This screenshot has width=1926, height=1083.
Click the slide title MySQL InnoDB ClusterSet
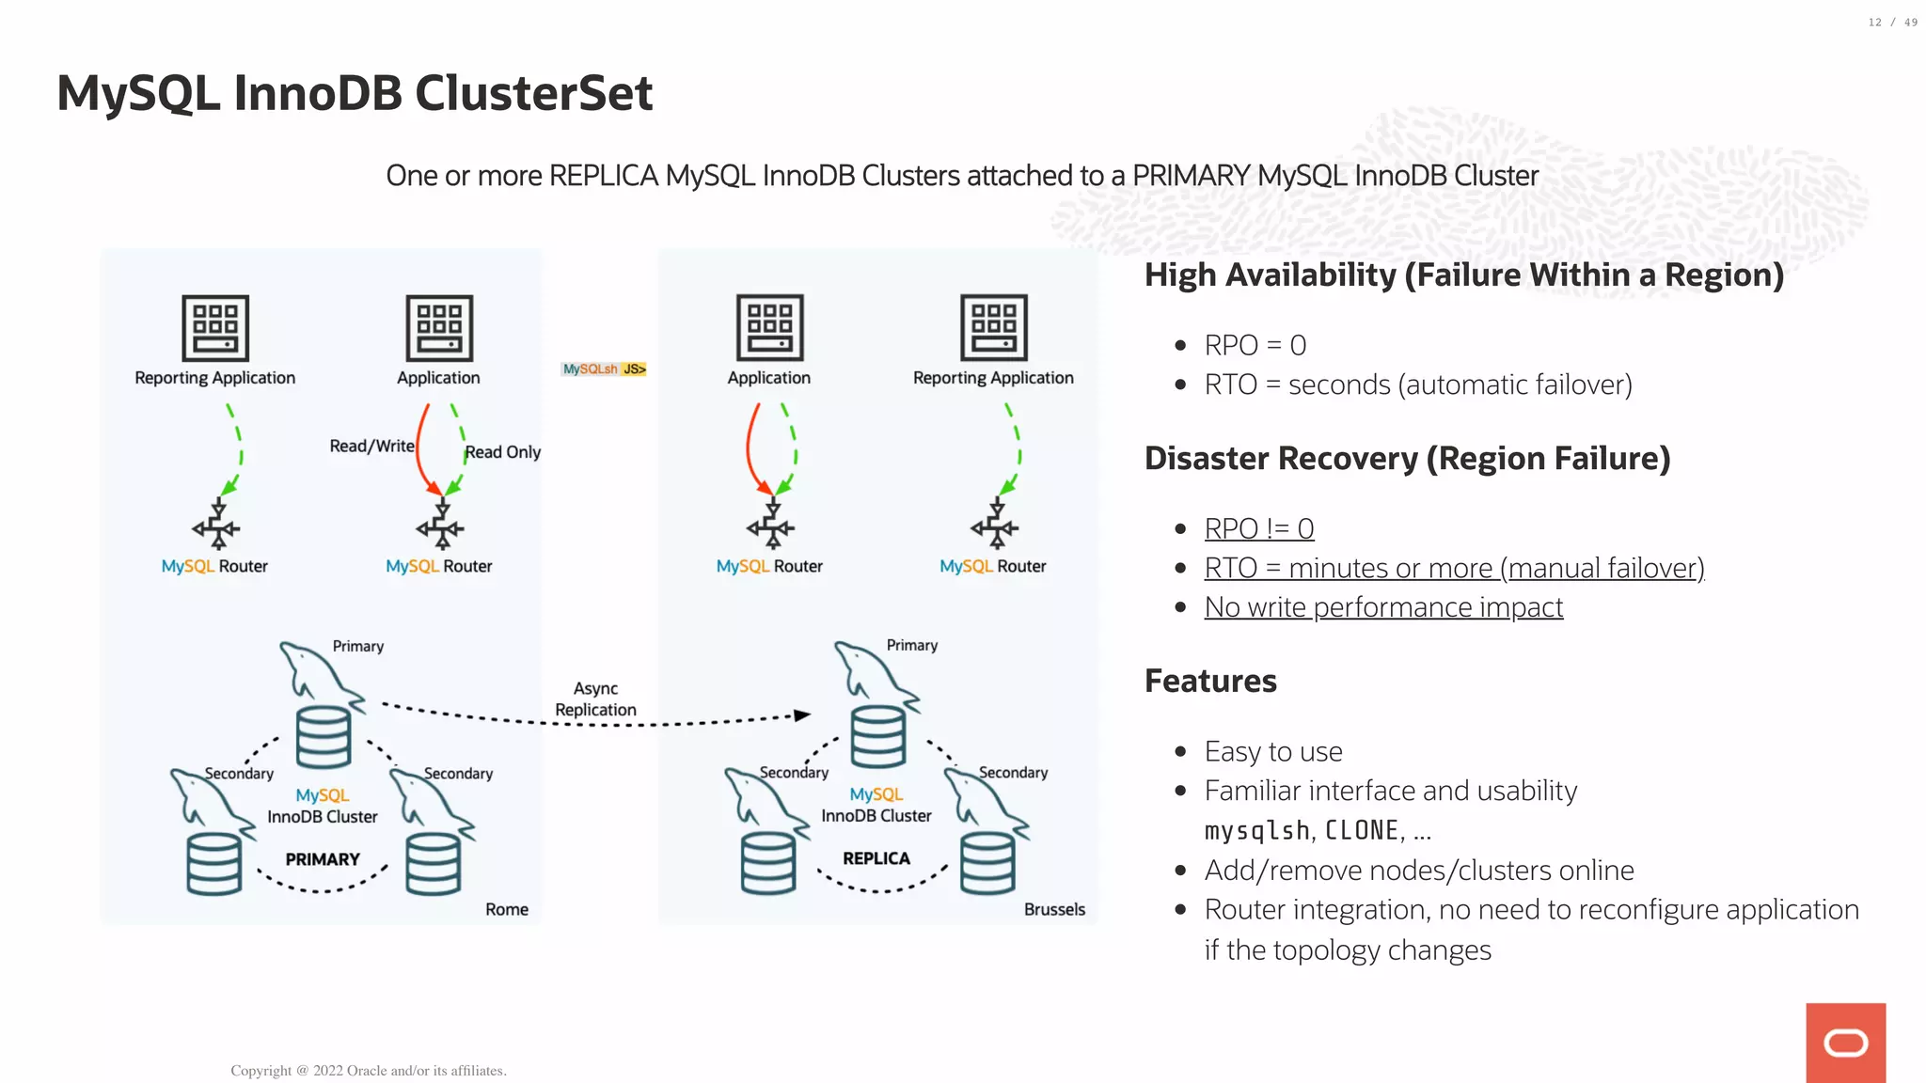tap(355, 94)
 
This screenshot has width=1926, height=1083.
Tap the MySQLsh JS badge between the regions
tap(604, 369)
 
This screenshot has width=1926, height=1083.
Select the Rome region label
tap(506, 909)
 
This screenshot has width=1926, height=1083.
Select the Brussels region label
tap(1054, 909)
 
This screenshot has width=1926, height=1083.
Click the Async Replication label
tap(595, 699)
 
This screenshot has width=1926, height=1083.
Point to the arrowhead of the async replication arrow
tap(802, 715)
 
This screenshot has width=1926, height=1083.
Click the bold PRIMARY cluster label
tap(323, 859)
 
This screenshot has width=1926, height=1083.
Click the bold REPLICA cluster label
tap(876, 858)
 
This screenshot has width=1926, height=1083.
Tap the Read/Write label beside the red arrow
tap(371, 446)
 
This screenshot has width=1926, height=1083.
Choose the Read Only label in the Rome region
tap(503, 452)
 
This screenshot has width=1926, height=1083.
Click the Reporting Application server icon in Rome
tap(215, 328)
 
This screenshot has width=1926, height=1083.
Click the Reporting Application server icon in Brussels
tap(993, 328)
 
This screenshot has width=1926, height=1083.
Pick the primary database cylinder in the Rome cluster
tap(324, 738)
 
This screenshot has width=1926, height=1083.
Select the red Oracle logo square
tap(1845, 1043)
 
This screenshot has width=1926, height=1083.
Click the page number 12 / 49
tap(1892, 23)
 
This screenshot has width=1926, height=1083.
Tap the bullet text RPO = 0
tap(1255, 345)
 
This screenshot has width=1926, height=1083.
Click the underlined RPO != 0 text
tap(1258, 528)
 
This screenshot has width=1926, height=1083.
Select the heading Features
tap(1210, 681)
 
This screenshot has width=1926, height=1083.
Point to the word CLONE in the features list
tap(1361, 830)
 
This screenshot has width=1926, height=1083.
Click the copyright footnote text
tap(369, 1071)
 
